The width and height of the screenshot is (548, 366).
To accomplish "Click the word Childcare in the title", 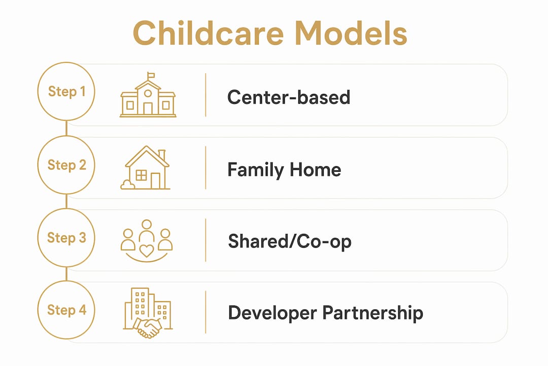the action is pos(209,33).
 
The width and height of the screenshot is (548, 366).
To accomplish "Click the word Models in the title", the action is pos(351,33).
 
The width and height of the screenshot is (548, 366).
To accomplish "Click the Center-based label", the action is pos(289,97).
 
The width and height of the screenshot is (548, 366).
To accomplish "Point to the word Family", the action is pos(255,170).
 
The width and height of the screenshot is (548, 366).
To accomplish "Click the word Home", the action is pos(315,170).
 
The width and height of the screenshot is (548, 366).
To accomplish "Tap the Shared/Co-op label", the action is pos(290,241).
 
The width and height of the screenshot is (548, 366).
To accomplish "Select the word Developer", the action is pos(272,313).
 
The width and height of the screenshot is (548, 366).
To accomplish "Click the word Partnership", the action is pos(372,313).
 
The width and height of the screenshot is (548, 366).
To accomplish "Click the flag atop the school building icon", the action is pos(151,75).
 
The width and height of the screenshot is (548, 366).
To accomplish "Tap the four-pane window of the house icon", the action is pos(141,175).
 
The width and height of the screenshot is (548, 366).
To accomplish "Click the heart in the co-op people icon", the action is pos(147,251).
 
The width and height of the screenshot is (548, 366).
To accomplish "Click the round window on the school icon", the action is pos(148,94).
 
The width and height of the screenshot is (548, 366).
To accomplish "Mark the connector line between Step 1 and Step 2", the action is pos(66,128).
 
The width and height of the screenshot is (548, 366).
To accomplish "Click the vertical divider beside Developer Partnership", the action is pos(205,312).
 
